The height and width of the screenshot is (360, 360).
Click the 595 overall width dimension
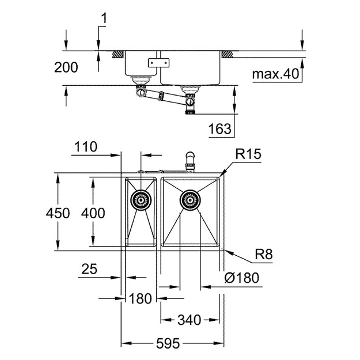[x=168, y=344]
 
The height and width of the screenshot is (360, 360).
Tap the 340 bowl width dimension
[x=190, y=320]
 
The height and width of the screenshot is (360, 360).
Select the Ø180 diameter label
[x=242, y=278]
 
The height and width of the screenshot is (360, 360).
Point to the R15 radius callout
[x=248, y=154]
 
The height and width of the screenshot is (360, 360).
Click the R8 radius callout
[x=264, y=254]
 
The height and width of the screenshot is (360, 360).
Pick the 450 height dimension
[x=58, y=213]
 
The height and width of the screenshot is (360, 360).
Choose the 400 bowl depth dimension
[x=93, y=213]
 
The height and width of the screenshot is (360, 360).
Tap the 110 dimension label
[x=86, y=147]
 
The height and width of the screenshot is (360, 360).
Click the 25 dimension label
[x=89, y=269]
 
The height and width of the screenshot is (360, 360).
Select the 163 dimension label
[x=220, y=128]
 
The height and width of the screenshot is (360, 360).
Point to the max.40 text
[x=275, y=74]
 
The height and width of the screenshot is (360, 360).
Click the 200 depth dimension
[x=66, y=67]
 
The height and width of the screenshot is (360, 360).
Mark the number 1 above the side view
[x=104, y=18]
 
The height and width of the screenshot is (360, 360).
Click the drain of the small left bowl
[x=141, y=200]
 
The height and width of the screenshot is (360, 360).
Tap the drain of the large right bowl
[x=190, y=200]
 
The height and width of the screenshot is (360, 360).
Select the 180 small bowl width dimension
[x=141, y=299]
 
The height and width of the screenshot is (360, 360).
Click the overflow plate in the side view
[x=158, y=63]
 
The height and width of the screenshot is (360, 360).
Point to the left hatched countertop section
[x=118, y=54]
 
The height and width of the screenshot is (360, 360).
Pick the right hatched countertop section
[x=228, y=54]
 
